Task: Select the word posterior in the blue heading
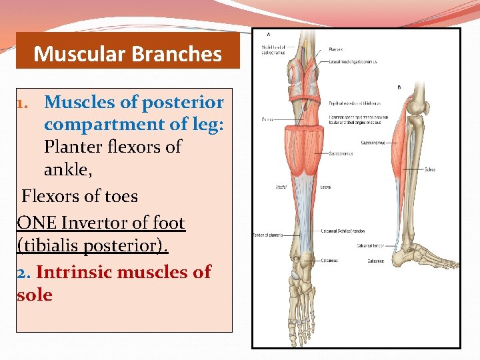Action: point(183,102)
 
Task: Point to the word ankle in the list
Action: point(67,171)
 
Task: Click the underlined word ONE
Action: point(37,222)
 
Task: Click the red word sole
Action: point(35,295)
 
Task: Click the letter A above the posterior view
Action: point(269,34)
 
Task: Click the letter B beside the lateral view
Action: point(399,87)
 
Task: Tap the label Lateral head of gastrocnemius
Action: point(353,61)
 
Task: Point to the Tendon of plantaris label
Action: point(267,235)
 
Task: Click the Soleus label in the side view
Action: point(429,169)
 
